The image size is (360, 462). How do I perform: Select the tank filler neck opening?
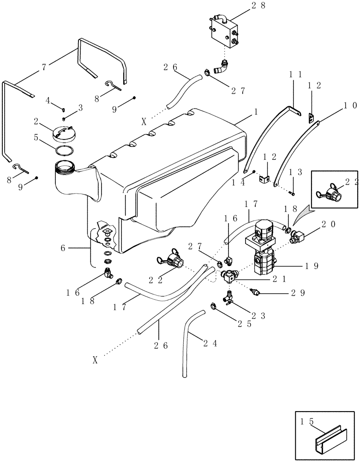tap(65, 165)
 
